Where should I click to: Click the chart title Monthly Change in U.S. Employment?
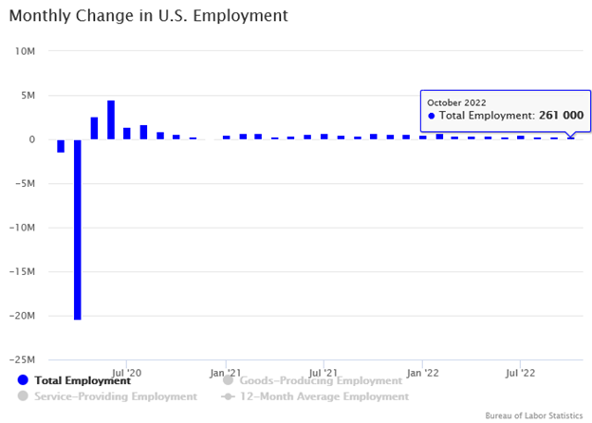coord(148,17)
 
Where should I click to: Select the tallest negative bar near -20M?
coord(77,230)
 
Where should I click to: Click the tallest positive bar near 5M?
coord(111,120)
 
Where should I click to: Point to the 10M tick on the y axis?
coord(25,51)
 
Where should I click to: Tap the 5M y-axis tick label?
coord(27,96)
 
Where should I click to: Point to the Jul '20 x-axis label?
coord(126,374)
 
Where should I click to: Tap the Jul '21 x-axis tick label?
coord(324,374)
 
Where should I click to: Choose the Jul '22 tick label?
coord(520,374)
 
